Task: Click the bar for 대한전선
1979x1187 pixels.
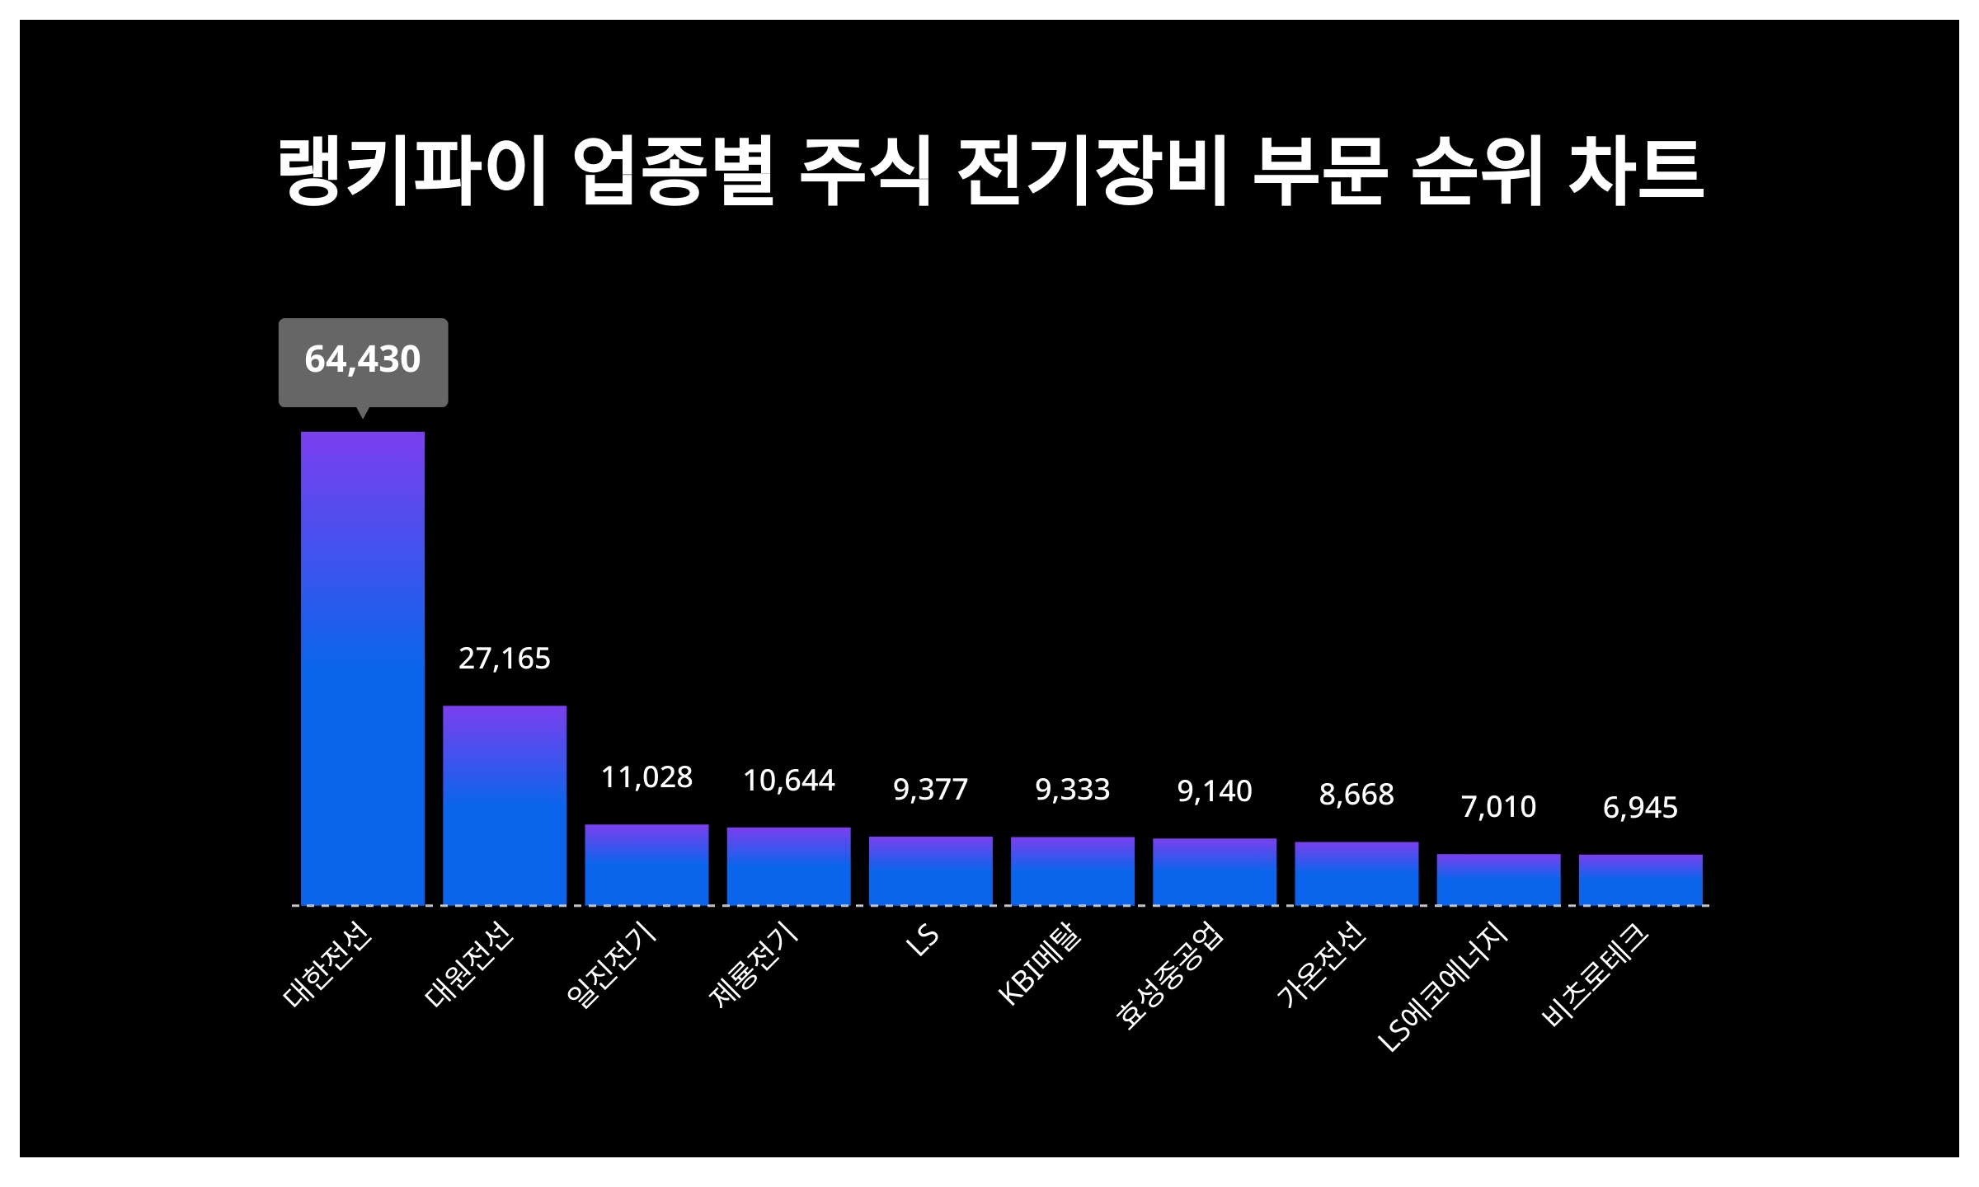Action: (x=363, y=668)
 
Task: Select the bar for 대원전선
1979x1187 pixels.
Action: (x=505, y=805)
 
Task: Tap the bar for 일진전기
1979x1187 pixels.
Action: (x=646, y=864)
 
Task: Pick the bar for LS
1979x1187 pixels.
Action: (x=931, y=870)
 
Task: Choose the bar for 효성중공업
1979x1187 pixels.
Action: (x=1215, y=871)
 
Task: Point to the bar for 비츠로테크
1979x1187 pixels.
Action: (x=1640, y=880)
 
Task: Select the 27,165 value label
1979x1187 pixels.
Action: (x=505, y=659)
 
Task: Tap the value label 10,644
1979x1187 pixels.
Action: (x=789, y=781)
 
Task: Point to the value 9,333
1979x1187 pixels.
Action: (x=1073, y=790)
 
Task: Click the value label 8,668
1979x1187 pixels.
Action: (x=1356, y=795)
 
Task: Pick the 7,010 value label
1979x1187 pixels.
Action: (x=1498, y=807)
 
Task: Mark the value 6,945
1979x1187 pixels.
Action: (x=1640, y=808)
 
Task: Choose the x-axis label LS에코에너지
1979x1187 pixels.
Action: (x=1443, y=989)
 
